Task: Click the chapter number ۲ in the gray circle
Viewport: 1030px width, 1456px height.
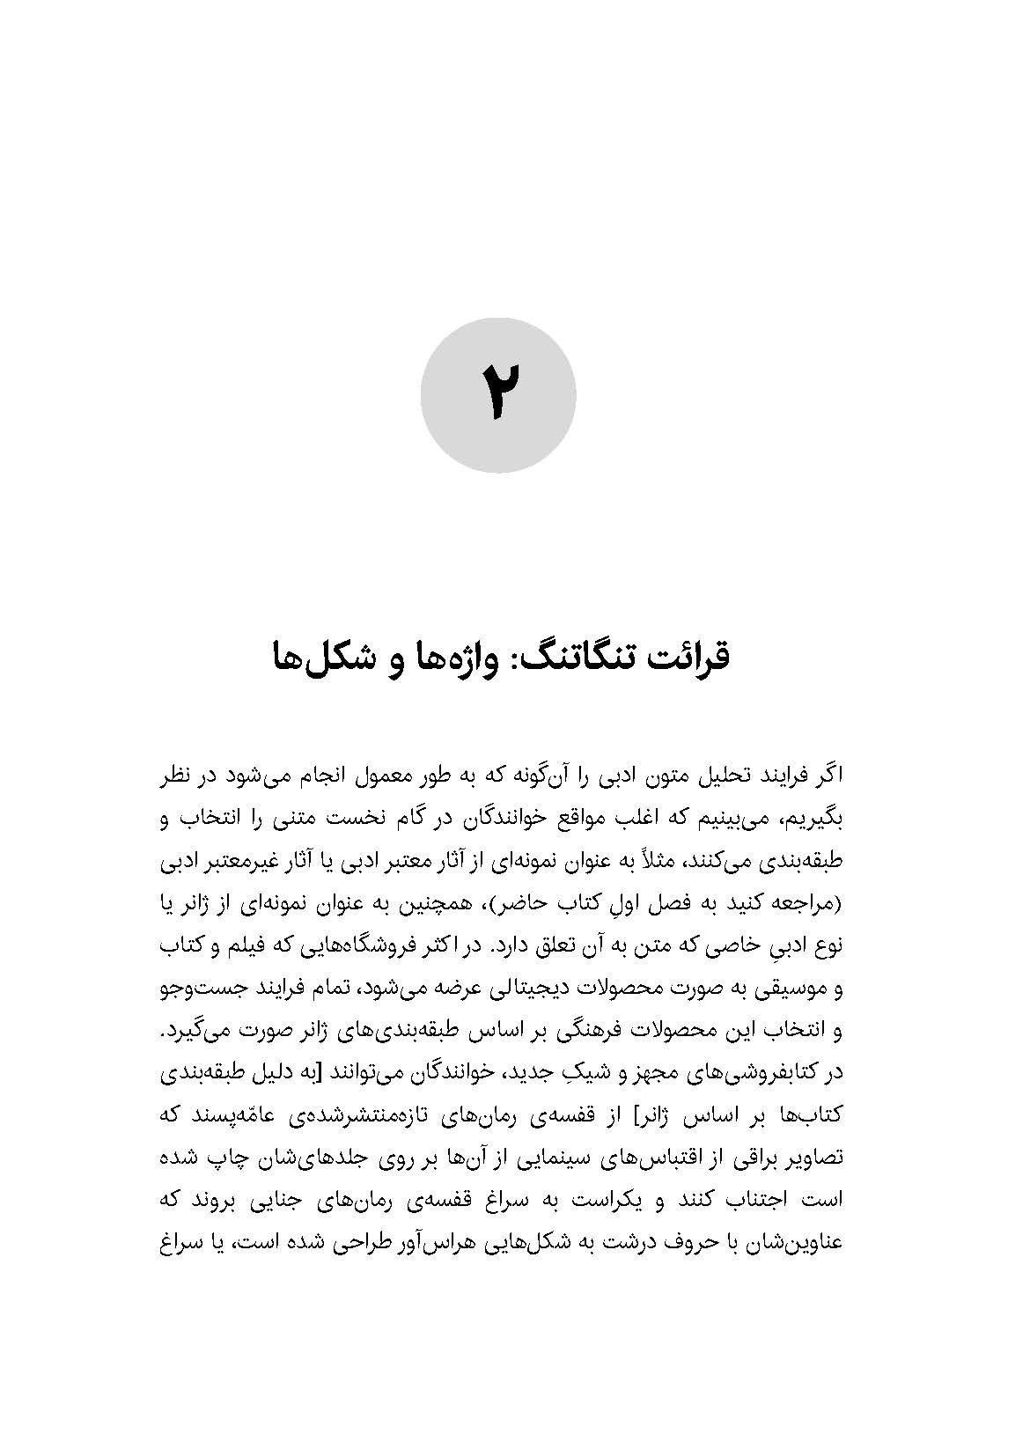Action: pyautogui.click(x=498, y=395)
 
